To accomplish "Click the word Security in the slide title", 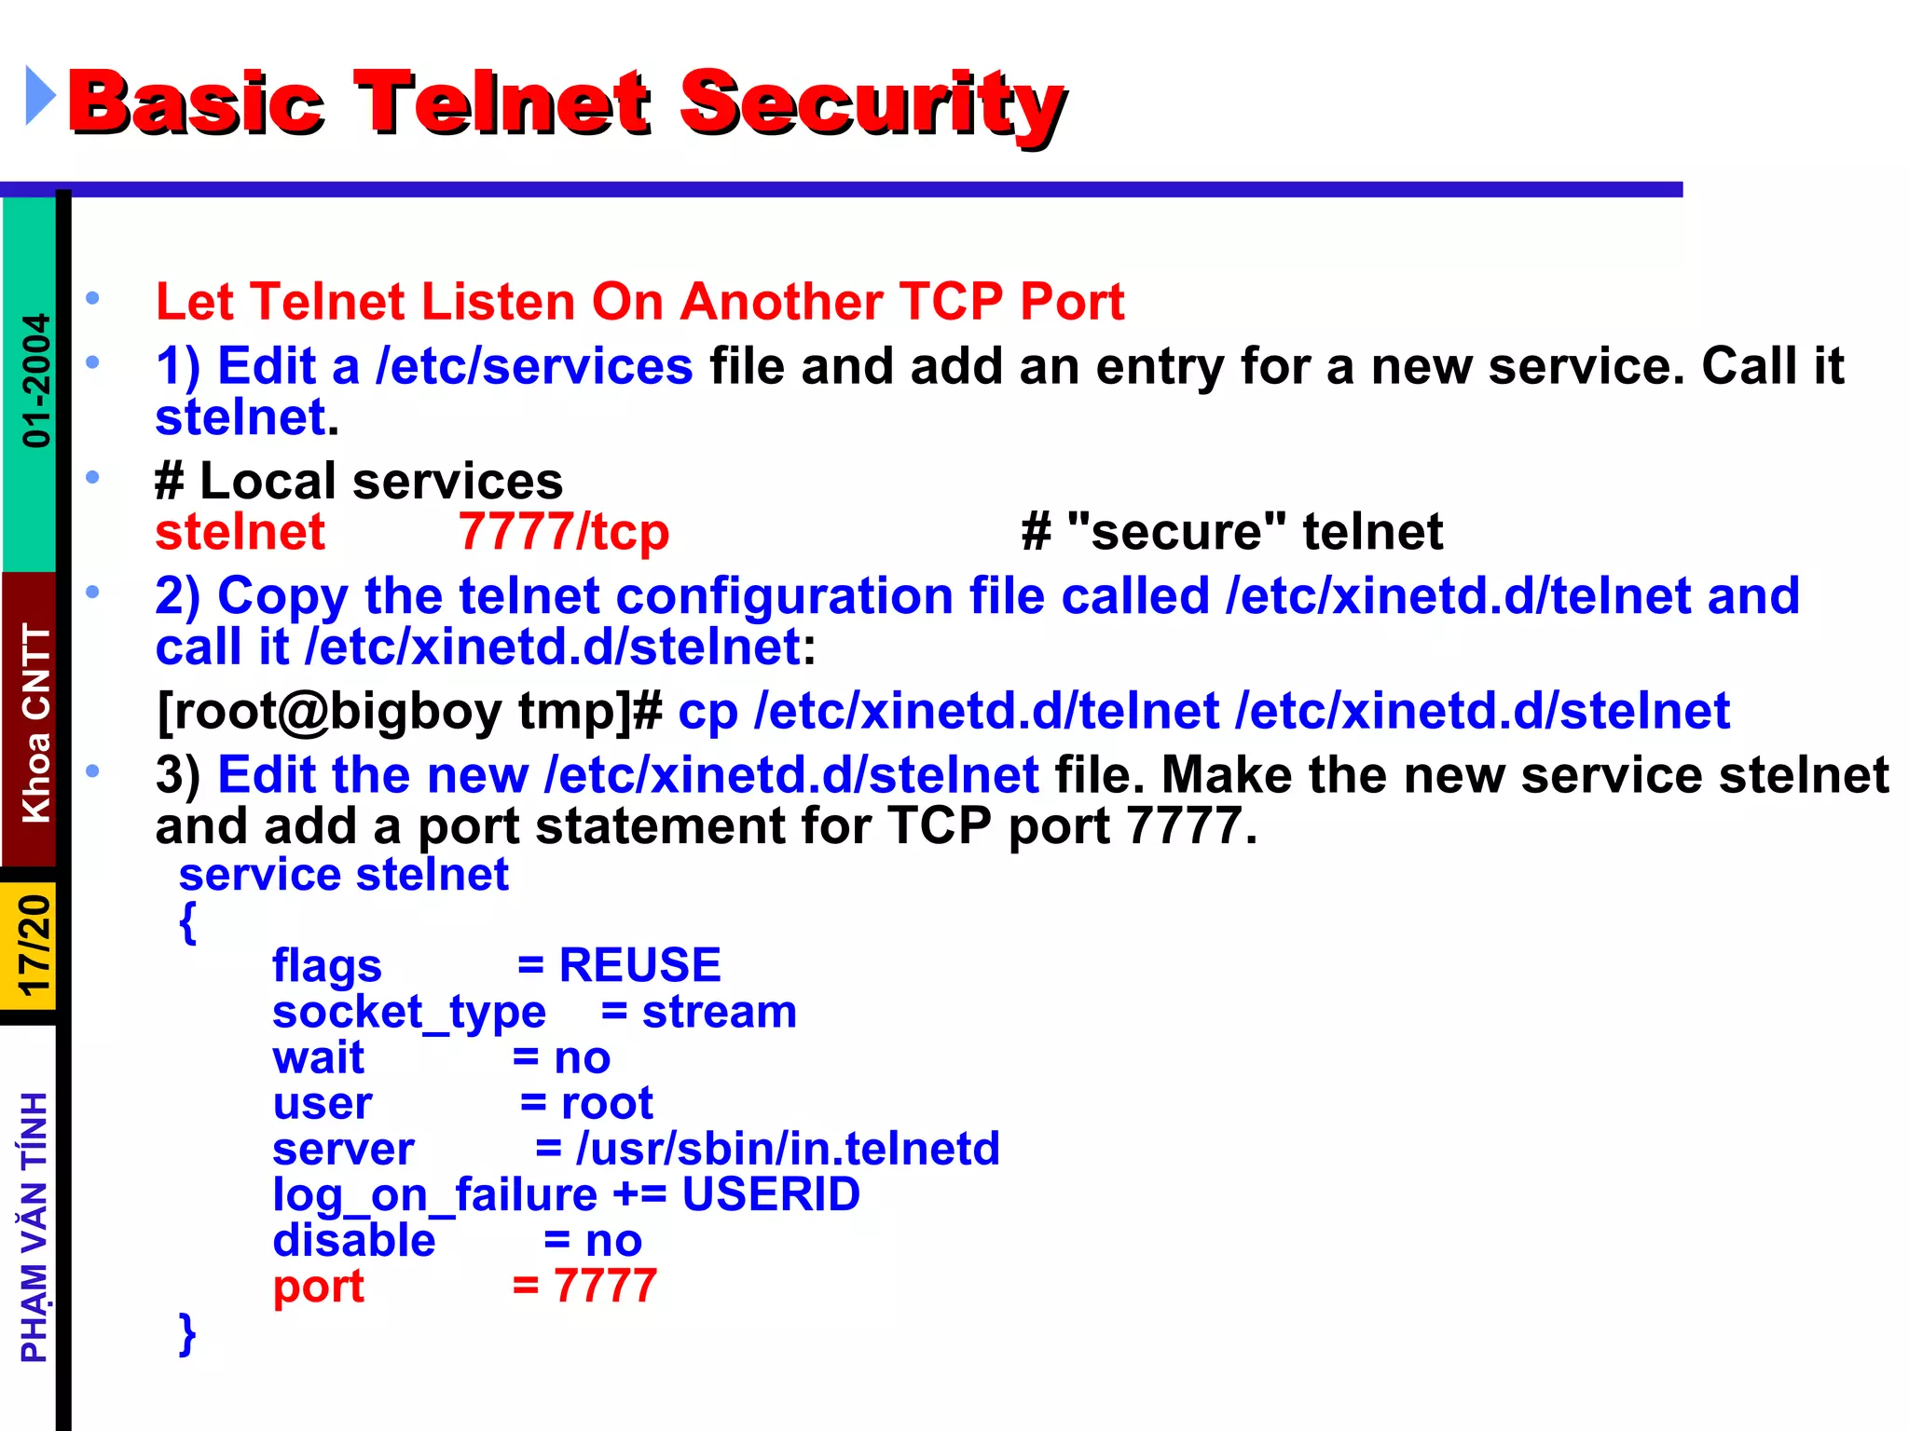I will (x=872, y=104).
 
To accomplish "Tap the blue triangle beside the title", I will (x=39, y=95).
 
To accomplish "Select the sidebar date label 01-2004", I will (x=36, y=380).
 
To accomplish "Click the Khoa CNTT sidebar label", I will (x=36, y=722).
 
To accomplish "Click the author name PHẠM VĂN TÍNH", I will (x=34, y=1227).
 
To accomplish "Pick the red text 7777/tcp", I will (x=563, y=532).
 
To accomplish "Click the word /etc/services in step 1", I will (x=533, y=365).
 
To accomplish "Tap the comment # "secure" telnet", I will (x=1231, y=532).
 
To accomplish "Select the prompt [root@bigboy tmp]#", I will (x=409, y=711).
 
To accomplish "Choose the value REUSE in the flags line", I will (x=639, y=965).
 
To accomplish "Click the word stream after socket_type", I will (x=719, y=1012).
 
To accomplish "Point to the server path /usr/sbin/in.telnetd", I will (x=788, y=1149).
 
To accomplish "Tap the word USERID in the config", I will (x=771, y=1194).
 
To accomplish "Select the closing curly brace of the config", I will (x=187, y=1333).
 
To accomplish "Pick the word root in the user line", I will (x=607, y=1104).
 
